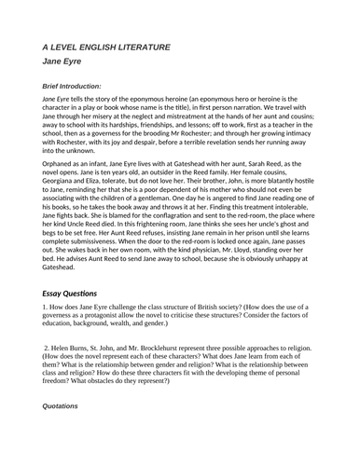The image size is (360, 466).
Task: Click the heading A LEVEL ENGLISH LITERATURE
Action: (x=105, y=46)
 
